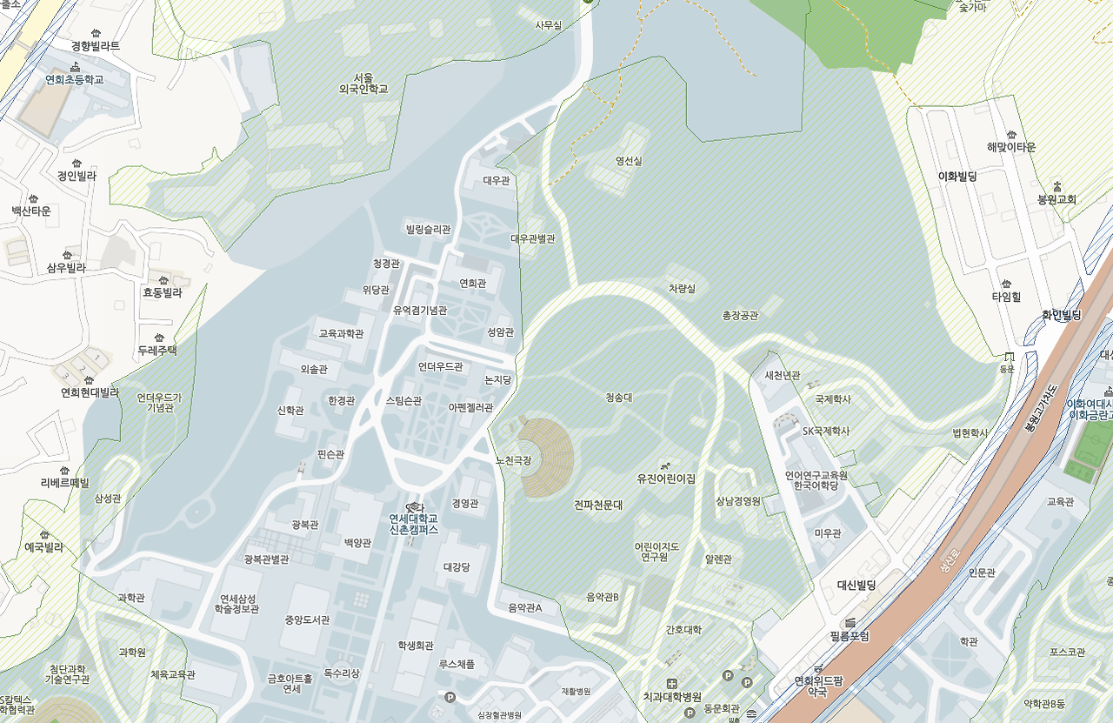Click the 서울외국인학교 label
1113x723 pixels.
363,83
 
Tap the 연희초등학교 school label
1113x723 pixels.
75,79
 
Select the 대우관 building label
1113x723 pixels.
497,180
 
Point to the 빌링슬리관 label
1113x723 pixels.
428,229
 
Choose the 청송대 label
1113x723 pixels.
618,397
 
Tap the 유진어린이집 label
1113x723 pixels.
666,479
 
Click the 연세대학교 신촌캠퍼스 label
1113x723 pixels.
413,524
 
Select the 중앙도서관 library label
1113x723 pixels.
307,620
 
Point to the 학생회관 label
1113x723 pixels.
415,645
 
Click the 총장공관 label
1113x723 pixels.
740,315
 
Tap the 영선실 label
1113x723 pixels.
628,161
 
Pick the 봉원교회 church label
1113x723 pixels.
1056,199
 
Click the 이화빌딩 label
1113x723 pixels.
957,176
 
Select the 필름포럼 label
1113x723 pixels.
849,636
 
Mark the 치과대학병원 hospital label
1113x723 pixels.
671,697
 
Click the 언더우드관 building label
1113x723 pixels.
440,366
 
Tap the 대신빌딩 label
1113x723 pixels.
856,586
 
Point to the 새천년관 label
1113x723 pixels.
782,375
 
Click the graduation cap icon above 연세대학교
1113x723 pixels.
414,507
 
